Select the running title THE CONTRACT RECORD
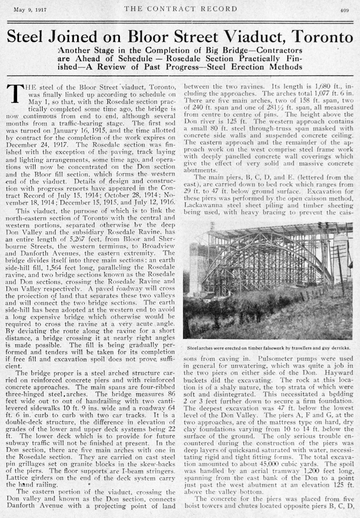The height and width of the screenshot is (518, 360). tap(180, 9)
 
